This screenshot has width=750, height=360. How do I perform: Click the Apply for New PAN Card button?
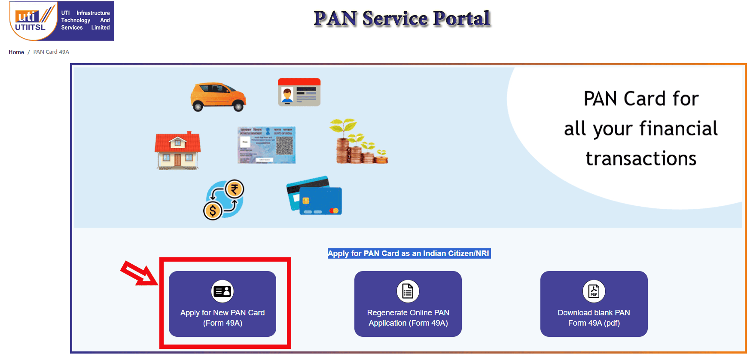point(222,304)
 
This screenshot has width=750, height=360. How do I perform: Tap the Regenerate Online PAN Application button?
point(408,304)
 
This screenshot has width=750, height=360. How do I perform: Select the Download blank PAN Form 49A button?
point(594,304)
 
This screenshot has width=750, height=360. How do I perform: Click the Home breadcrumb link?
point(16,52)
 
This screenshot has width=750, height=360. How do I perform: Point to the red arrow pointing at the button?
point(138,273)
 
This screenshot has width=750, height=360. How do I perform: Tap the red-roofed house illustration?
point(177,151)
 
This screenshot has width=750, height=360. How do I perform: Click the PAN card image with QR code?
point(266,145)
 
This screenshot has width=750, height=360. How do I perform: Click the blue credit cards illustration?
point(314,196)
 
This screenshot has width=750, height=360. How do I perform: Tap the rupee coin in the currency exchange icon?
point(234,189)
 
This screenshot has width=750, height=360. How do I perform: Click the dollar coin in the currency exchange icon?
point(212,211)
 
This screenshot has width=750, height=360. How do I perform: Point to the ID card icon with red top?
point(299,92)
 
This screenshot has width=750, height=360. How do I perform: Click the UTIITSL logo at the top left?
point(61,21)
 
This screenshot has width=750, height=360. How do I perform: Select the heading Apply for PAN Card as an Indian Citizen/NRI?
point(409,253)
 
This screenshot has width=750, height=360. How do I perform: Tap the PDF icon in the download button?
point(594,291)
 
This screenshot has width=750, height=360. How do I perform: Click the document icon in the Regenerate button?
point(408,291)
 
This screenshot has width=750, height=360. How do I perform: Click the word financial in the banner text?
point(678,128)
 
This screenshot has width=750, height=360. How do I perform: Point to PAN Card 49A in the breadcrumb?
point(51,52)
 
